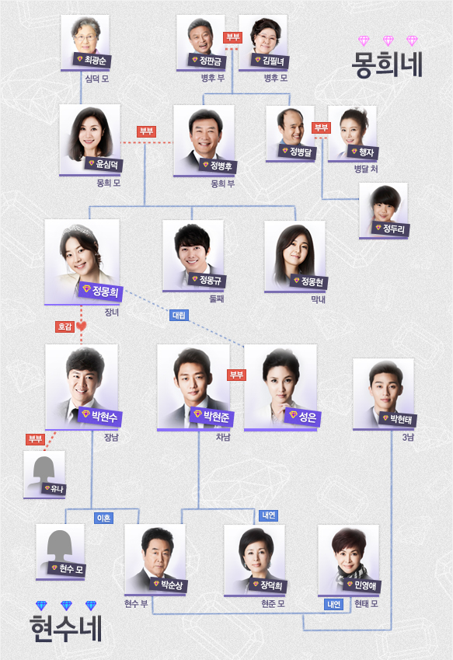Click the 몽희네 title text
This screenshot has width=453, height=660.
pyautogui.click(x=387, y=65)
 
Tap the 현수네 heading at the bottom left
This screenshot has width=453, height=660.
pyautogui.click(x=66, y=628)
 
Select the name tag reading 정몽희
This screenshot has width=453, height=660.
pyautogui.click(x=100, y=291)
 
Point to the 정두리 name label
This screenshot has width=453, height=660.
pyautogui.click(x=390, y=229)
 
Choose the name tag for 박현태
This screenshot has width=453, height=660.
pyautogui.click(x=398, y=419)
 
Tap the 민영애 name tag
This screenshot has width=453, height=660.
pyautogui.click(x=362, y=585)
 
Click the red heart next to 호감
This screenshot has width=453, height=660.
pyautogui.click(x=82, y=326)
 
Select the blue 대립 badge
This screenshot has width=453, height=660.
pyautogui.click(x=179, y=315)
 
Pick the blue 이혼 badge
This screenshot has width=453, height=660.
pyautogui.click(x=103, y=518)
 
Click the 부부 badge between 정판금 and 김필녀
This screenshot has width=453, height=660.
pyautogui.click(x=232, y=37)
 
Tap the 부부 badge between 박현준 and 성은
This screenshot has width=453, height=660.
pyautogui.click(x=236, y=374)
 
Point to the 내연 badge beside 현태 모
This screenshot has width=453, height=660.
pyautogui.click(x=334, y=605)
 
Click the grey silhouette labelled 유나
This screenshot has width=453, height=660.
pyautogui.click(x=44, y=474)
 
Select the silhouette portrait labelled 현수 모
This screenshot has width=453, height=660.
pyautogui.click(x=60, y=551)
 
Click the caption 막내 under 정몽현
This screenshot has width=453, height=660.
pyautogui.click(x=318, y=300)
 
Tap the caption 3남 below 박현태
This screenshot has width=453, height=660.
pyautogui.click(x=408, y=438)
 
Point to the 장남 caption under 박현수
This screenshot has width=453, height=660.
pyautogui.click(x=111, y=438)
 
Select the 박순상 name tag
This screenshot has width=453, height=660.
pyautogui.click(x=169, y=585)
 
